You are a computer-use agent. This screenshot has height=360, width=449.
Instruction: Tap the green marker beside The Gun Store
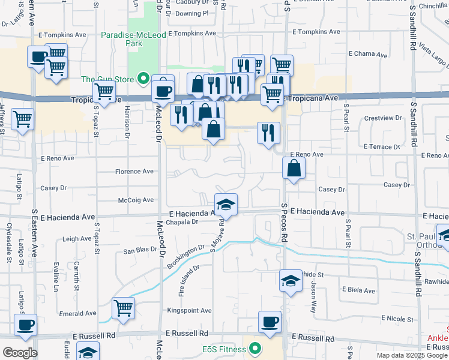[x=143, y=78]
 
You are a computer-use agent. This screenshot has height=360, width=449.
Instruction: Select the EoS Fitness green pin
[x=255, y=349]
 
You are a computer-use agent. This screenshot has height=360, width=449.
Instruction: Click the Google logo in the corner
[x=20, y=353]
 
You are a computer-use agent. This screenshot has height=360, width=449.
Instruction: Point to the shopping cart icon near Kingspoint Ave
[x=123, y=308]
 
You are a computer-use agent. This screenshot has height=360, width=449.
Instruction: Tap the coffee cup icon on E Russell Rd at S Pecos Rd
[x=270, y=322]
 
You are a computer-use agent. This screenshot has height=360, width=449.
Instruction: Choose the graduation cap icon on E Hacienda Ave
[x=226, y=205]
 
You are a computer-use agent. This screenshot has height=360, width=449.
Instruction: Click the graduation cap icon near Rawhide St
[x=291, y=281]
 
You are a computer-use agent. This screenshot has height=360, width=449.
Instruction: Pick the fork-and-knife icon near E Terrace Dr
[x=268, y=133]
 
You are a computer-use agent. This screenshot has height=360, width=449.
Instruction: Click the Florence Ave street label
[x=134, y=171]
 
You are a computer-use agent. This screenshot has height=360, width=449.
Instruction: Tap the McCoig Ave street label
[x=136, y=200]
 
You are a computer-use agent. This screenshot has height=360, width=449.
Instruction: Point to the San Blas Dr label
[x=140, y=251]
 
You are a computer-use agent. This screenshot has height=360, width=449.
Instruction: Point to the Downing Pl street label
[x=192, y=13]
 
